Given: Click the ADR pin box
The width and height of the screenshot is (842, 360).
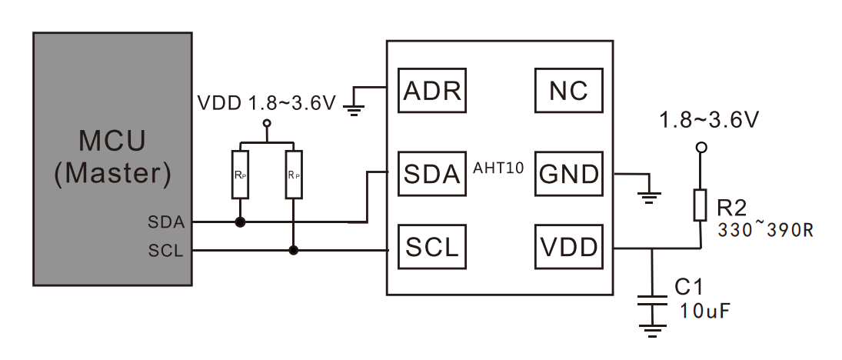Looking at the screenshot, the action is pyautogui.click(x=431, y=90).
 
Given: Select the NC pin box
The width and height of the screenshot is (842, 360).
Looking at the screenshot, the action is pyautogui.click(x=569, y=90).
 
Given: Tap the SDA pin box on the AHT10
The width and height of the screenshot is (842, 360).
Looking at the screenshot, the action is pyautogui.click(x=431, y=174).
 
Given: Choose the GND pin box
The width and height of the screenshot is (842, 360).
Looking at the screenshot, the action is pyautogui.click(x=569, y=174).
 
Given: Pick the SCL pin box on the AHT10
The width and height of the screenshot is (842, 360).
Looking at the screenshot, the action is pyautogui.click(x=431, y=247).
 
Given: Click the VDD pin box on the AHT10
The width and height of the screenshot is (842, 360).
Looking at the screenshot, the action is pyautogui.click(x=569, y=247).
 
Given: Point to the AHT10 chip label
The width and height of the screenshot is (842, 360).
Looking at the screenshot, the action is pyautogui.click(x=498, y=168).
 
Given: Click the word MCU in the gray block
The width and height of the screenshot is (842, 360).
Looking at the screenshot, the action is pyautogui.click(x=112, y=141).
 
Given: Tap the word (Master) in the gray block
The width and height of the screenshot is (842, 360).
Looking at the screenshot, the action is pyautogui.click(x=113, y=174).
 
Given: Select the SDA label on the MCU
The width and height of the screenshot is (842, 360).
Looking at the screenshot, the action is pyautogui.click(x=166, y=222).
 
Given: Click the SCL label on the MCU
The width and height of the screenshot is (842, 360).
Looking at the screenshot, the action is pyautogui.click(x=166, y=251).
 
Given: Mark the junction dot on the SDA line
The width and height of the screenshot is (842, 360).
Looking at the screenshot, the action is pyautogui.click(x=240, y=222).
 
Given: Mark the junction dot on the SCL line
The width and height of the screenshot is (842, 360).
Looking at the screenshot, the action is pyautogui.click(x=293, y=250).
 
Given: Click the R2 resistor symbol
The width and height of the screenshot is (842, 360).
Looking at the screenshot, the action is pyautogui.click(x=700, y=205).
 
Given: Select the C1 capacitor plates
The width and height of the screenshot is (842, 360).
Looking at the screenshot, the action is pyautogui.click(x=652, y=300).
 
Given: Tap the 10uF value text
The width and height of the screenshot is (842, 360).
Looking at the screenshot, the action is pyautogui.click(x=706, y=311).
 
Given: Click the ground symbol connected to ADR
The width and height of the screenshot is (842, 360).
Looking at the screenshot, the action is pyautogui.click(x=354, y=110).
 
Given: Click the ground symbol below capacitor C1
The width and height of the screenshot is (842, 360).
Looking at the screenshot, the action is pyautogui.click(x=652, y=331).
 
